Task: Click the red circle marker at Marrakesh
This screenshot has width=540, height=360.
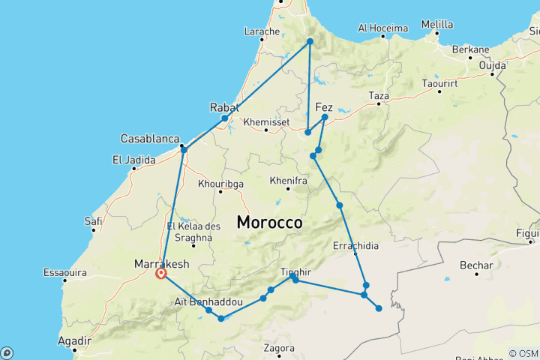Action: (160, 274)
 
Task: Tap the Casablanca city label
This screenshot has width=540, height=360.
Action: (150, 139)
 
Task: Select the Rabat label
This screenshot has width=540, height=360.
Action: (224, 106)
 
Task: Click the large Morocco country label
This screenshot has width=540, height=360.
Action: (269, 223)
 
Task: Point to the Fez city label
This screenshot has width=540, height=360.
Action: (325, 106)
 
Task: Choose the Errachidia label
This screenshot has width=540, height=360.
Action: (355, 245)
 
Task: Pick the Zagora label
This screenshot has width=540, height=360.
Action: (279, 348)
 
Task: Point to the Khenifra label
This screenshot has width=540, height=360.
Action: (287, 181)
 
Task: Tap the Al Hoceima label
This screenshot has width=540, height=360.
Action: (382, 28)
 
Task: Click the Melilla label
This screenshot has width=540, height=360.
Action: (437, 24)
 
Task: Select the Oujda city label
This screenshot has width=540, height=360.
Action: (493, 64)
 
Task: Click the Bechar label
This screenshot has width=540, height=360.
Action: (477, 265)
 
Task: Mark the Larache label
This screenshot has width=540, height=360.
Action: (262, 31)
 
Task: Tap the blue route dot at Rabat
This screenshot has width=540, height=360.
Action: (224, 118)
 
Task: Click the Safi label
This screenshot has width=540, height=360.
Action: (94, 221)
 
